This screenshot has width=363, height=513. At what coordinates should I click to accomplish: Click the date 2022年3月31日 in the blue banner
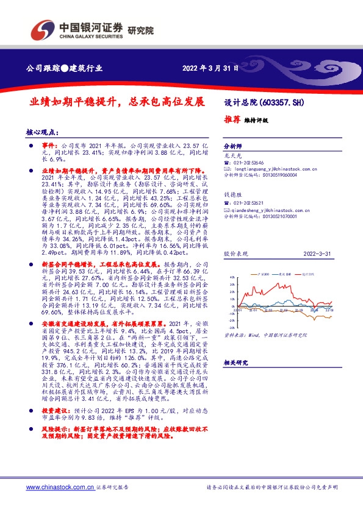pyautogui.click(x=209, y=68)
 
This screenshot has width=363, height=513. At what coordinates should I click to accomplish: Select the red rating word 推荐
pyautogui.click(x=233, y=120)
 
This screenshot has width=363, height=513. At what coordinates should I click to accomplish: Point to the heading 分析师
pyautogui.click(x=234, y=147)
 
